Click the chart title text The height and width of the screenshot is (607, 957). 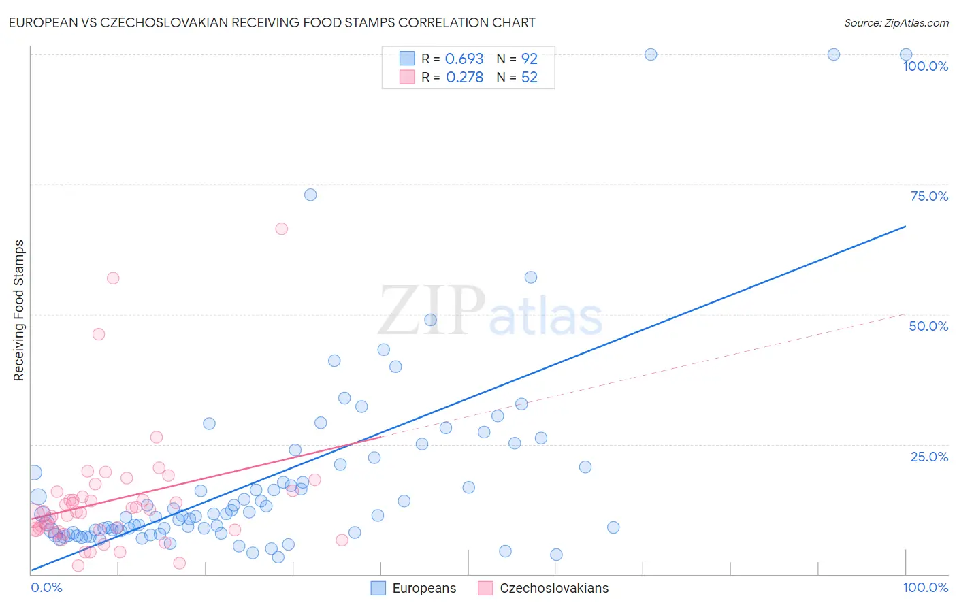(x=272, y=22)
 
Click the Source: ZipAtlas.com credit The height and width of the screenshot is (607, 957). (x=896, y=22)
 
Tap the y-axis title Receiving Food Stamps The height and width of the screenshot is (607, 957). (x=19, y=310)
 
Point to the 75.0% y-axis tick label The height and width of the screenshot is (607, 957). (x=929, y=196)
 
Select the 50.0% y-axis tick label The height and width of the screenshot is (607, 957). (x=928, y=326)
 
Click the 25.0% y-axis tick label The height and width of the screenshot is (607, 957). (x=929, y=457)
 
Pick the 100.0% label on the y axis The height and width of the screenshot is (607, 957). (x=925, y=66)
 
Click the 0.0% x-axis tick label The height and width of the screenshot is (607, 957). (x=46, y=587)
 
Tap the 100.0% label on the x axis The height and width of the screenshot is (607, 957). (x=925, y=587)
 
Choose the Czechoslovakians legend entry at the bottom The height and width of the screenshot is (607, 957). (x=543, y=588)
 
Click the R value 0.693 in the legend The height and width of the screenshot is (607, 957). (x=464, y=59)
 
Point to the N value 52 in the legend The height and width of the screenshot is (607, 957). (x=529, y=78)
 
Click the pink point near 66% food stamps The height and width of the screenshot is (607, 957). (x=281, y=229)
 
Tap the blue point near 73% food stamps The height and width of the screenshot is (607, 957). (x=310, y=195)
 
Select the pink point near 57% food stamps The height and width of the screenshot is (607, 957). (x=113, y=278)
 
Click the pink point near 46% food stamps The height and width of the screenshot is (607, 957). (x=99, y=334)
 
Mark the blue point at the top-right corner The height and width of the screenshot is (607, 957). (x=906, y=54)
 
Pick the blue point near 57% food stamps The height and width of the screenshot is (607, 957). (x=531, y=277)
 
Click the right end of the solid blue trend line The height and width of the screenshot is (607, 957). (x=905, y=226)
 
